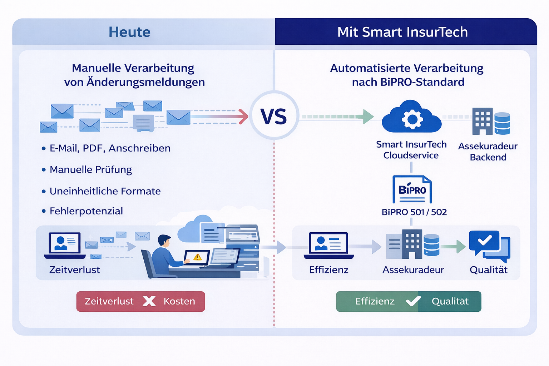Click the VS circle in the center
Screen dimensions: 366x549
274,115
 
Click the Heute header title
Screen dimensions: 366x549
129,32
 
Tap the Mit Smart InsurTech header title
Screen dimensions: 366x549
402,32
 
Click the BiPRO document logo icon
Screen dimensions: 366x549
412,189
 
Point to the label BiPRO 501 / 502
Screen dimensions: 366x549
414,212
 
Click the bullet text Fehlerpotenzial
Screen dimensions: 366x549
86,211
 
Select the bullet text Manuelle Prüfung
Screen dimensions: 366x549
91,169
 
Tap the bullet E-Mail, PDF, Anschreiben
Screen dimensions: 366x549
110,148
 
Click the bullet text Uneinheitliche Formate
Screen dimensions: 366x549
105,191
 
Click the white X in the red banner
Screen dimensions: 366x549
149,301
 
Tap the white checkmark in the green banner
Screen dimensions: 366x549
413,301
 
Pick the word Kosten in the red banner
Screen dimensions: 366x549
179,301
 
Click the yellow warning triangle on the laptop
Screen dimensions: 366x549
197,257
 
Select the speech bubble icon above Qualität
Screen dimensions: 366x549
489,244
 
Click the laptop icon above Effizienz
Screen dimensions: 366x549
328,245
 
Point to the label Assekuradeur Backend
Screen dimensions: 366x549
488,152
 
